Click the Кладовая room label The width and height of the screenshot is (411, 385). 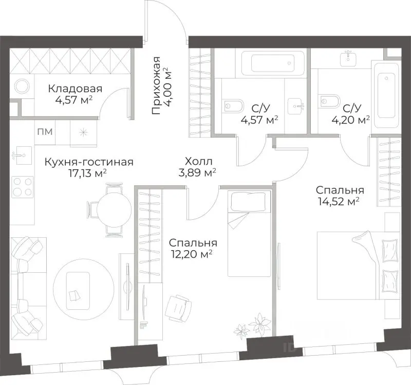75,89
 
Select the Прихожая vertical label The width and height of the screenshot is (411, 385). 156,85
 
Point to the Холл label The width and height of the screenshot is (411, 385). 198,161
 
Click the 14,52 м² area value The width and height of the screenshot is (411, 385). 339,202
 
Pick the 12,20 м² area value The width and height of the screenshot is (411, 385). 191,254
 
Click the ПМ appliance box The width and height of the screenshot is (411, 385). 45,132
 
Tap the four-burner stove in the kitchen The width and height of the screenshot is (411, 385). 23,187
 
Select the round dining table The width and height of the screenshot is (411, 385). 114,209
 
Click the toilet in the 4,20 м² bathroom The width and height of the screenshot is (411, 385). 330,101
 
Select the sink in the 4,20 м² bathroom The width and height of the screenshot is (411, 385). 348,58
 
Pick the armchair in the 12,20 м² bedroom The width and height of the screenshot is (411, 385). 178,308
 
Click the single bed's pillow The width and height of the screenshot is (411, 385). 248,201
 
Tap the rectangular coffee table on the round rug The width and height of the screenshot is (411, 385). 78,291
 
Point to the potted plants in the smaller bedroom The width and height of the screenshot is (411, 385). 252,326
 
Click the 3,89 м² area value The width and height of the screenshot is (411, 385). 197,173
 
